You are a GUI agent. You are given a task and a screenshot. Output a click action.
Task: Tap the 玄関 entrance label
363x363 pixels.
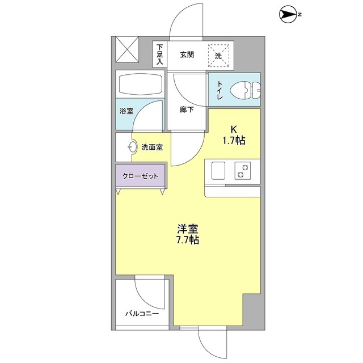click(188, 55)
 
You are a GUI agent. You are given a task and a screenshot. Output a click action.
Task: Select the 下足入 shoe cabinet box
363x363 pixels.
click(159, 54)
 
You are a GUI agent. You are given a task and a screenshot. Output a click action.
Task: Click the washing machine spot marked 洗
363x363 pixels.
click(218, 55)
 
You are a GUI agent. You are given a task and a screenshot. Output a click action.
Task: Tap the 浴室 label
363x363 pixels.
click(126, 112)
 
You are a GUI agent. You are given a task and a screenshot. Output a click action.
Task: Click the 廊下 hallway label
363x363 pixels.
click(187, 110)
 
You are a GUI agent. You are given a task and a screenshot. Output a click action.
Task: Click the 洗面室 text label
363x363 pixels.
click(152, 147)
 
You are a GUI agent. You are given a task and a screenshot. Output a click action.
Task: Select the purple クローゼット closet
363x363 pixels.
click(141, 176)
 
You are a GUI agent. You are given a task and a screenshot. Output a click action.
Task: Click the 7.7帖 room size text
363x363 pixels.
click(187, 240)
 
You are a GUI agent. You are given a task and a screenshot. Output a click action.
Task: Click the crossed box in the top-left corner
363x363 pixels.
click(126, 49)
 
